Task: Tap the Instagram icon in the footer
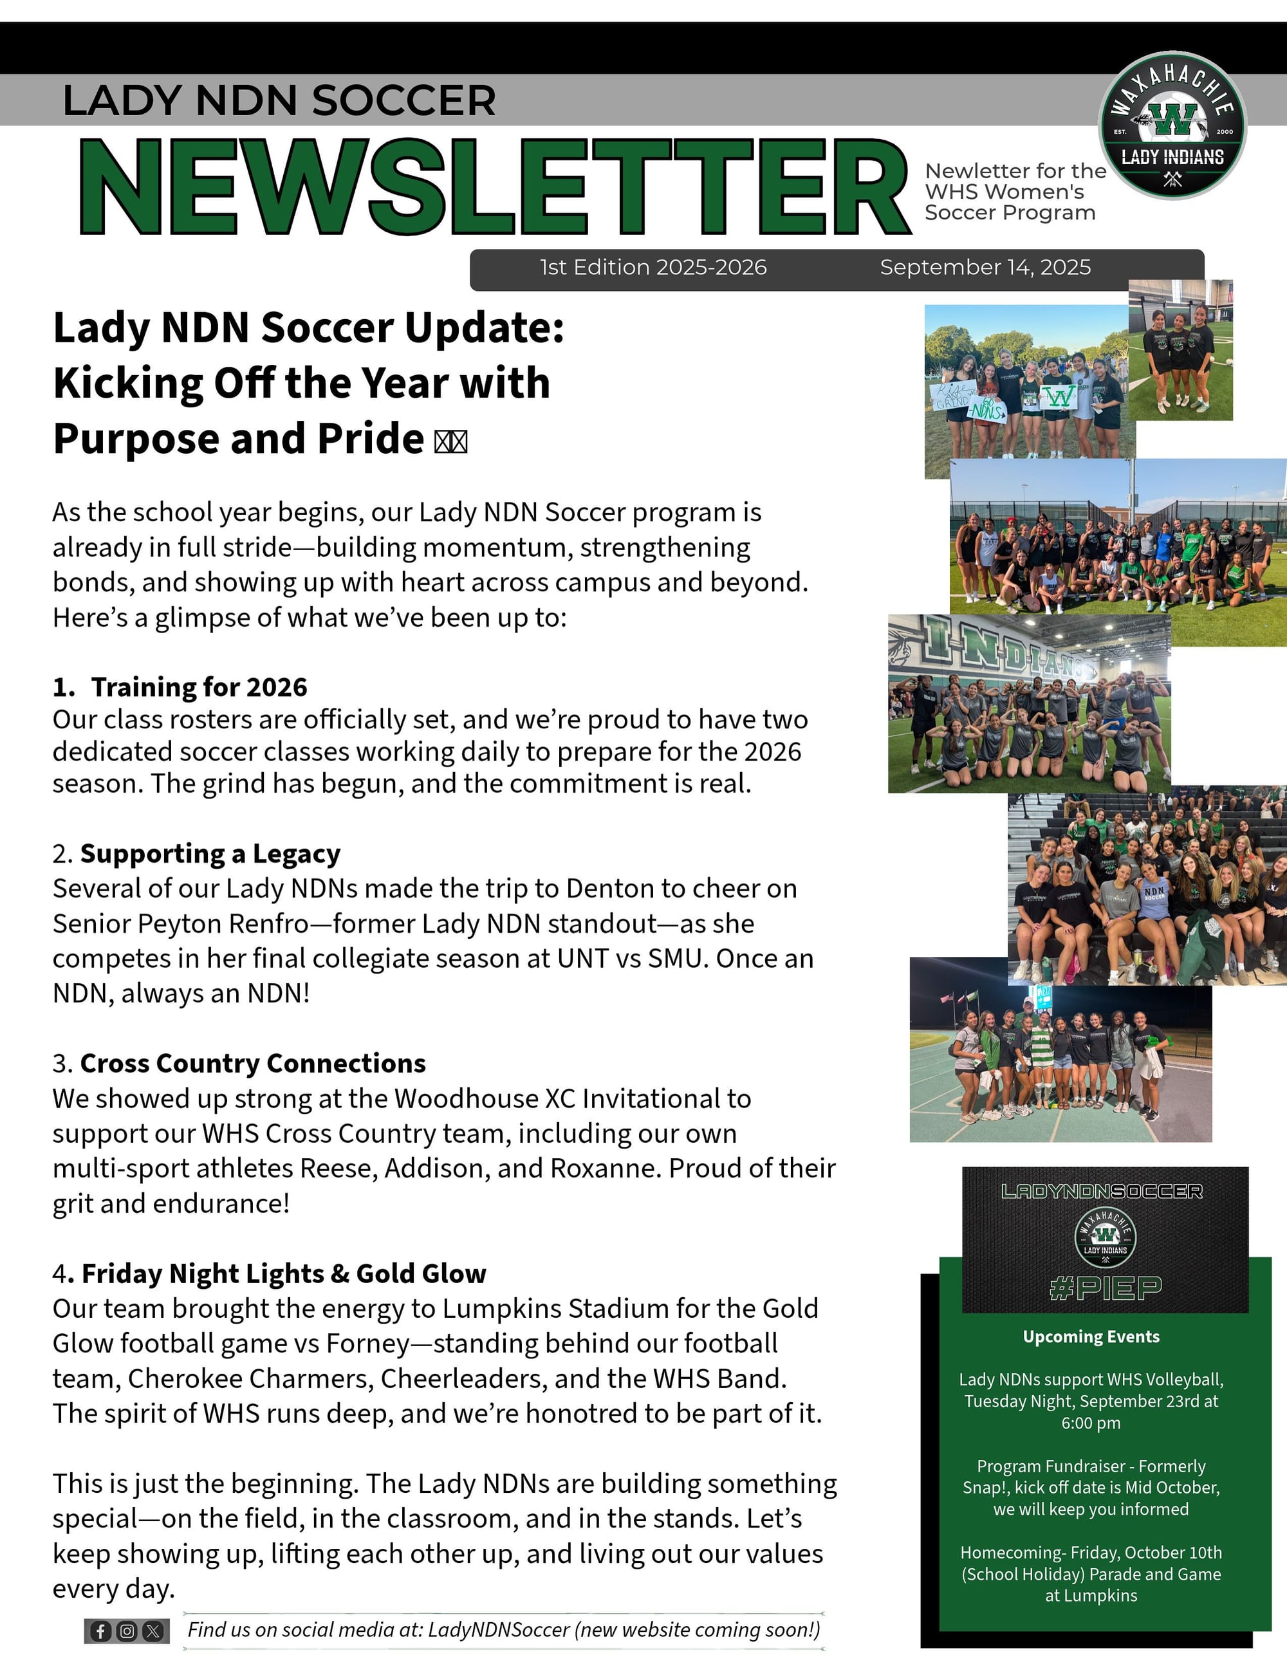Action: pos(127,1631)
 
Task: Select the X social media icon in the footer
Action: pos(153,1631)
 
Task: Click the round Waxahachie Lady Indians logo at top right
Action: pos(1172,125)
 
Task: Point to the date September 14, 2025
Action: pos(985,268)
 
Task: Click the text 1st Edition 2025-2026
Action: pos(653,268)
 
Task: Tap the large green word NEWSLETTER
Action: pos(495,187)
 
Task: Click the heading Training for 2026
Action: pos(199,687)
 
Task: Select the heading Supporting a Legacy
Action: pos(210,853)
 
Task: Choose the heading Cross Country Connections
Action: pos(253,1063)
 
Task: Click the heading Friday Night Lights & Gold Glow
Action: pos(283,1273)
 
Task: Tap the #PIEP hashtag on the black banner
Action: pos(1105,1288)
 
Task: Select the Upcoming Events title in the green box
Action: pos(1091,1336)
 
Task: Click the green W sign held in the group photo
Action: pos(1059,397)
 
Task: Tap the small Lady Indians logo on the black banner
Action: pos(1105,1237)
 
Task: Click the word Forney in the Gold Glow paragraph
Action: pos(368,1344)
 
